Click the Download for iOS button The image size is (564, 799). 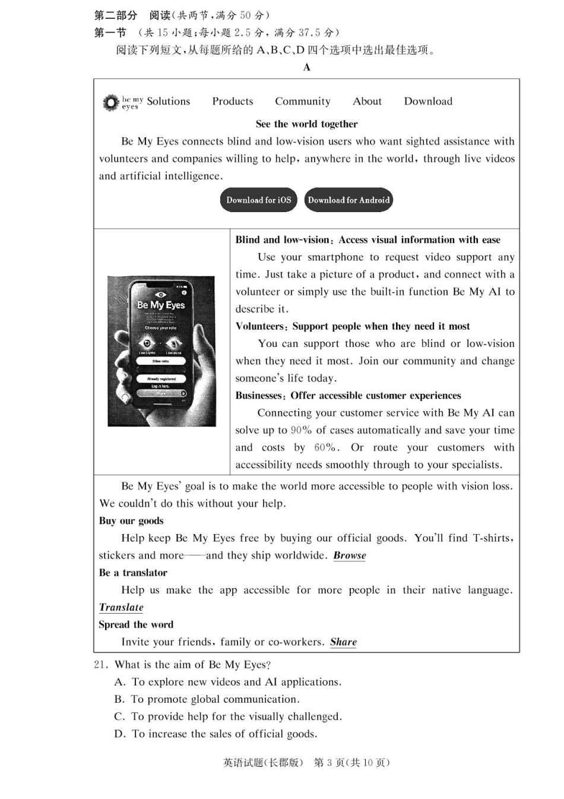click(x=258, y=200)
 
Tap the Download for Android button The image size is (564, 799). click(x=348, y=200)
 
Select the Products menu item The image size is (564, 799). click(x=233, y=102)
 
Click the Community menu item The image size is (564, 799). click(x=302, y=102)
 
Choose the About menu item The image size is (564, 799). click(x=367, y=102)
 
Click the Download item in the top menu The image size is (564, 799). click(x=428, y=102)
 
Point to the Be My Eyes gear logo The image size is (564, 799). click(x=110, y=103)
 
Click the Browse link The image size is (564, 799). click(x=350, y=555)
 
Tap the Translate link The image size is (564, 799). click(x=121, y=607)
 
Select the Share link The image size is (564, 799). click(x=343, y=642)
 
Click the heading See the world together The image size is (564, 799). click(x=306, y=124)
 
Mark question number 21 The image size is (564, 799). click(x=100, y=665)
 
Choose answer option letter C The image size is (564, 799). click(x=119, y=717)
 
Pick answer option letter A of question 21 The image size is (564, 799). click(x=119, y=682)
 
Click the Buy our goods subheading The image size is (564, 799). click(x=131, y=521)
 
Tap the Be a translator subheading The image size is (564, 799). click(x=133, y=573)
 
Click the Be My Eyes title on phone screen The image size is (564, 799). click(x=161, y=305)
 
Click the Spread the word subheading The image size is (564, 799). click(x=136, y=625)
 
